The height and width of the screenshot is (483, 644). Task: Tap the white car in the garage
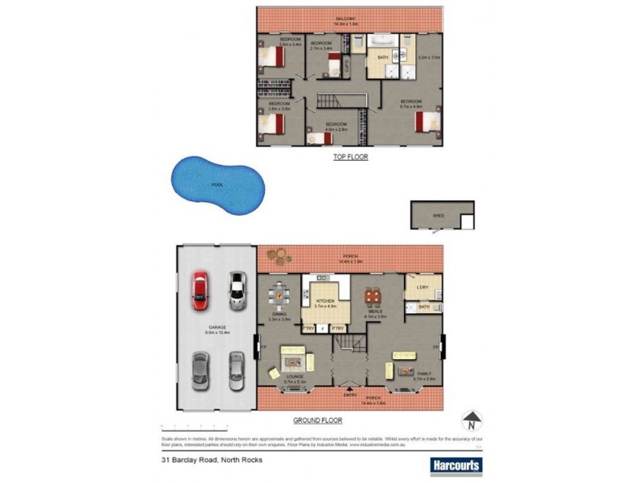click(236, 290)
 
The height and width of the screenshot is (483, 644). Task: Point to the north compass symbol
click(471, 419)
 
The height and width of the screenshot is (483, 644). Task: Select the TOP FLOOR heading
click(350, 157)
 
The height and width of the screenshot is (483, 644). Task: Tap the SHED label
click(439, 216)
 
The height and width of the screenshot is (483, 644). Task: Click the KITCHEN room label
click(324, 299)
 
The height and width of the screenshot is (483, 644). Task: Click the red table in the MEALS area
click(373, 298)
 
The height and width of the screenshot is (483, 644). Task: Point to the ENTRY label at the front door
click(350, 394)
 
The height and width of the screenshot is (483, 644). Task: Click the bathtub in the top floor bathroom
click(382, 40)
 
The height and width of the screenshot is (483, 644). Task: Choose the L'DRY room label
click(422, 288)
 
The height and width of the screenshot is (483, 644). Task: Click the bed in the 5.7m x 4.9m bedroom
click(425, 122)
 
